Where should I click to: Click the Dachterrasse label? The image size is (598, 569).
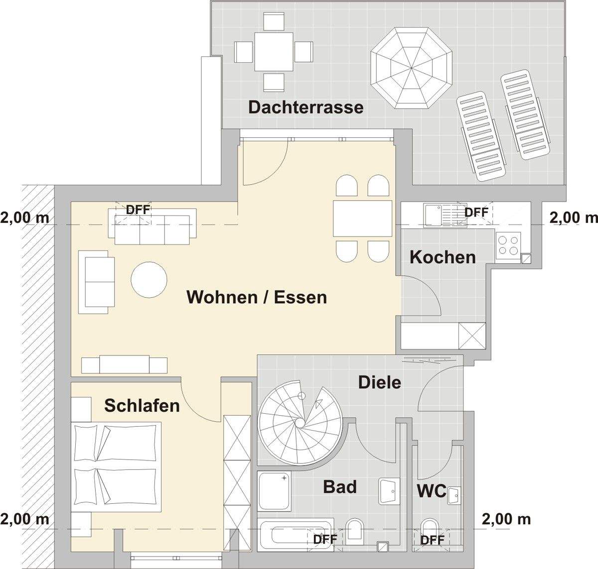click(x=306, y=107)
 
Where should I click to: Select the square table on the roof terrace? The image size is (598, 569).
click(x=274, y=51)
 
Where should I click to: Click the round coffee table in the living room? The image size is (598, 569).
click(x=149, y=280)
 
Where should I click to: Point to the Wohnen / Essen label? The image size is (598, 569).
click(x=257, y=297)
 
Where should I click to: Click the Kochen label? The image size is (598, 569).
click(x=443, y=257)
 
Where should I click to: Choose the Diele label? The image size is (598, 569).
click(x=380, y=382)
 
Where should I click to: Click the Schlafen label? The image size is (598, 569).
click(x=142, y=405)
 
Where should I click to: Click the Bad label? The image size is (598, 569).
click(x=340, y=486)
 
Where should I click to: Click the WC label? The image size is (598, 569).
click(x=432, y=491)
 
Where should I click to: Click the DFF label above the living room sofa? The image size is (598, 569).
click(x=138, y=210)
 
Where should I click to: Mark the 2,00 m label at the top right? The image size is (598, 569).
click(x=573, y=217)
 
